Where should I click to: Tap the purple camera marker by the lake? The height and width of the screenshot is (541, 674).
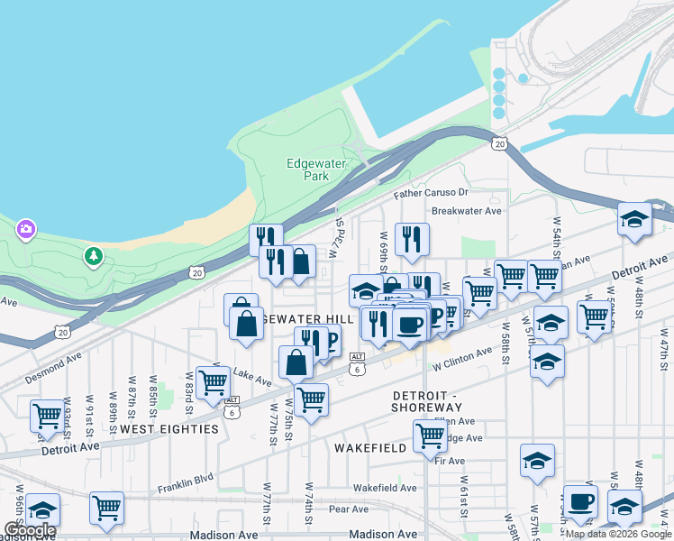[x=25, y=230]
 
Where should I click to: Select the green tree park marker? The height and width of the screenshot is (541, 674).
[x=93, y=257]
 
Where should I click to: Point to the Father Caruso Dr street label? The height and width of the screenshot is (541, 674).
[x=431, y=193]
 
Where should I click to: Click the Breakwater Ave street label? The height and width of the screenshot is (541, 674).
[x=466, y=211]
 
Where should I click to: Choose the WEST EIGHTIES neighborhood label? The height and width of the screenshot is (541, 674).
[x=169, y=429]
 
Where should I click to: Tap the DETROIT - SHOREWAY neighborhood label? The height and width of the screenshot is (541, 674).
[x=427, y=402]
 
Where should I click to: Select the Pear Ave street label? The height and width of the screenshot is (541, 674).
[x=349, y=509]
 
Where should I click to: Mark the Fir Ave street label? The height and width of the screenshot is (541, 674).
[x=450, y=461]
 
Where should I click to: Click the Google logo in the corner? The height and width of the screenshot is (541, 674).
[x=29, y=530]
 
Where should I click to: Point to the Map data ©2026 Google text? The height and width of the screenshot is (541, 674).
[x=618, y=534]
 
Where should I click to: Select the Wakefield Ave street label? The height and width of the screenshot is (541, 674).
[x=385, y=488]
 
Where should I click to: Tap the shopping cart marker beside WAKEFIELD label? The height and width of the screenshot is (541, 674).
[x=431, y=436]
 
